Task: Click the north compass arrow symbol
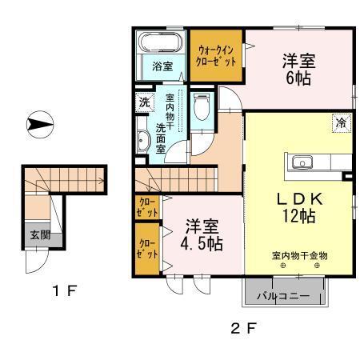(x=39, y=125)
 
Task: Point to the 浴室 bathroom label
(x=162, y=66)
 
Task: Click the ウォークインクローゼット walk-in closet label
(x=216, y=55)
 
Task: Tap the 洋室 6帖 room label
(x=298, y=68)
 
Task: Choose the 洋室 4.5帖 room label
(x=200, y=234)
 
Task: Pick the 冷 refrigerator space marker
(x=341, y=123)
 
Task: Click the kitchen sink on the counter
(x=303, y=162)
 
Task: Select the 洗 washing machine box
(x=144, y=102)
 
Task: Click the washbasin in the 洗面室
(x=143, y=141)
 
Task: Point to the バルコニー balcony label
(x=284, y=295)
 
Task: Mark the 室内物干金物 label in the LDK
(x=298, y=256)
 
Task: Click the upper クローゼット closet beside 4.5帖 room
(x=146, y=209)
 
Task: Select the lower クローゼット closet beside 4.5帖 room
(x=146, y=249)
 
